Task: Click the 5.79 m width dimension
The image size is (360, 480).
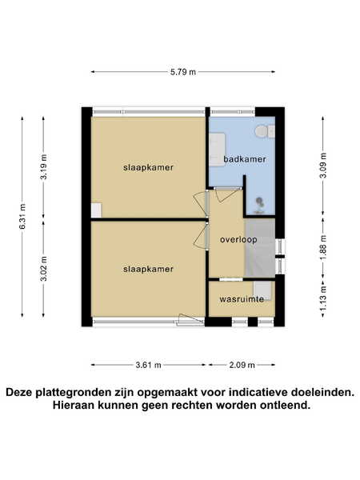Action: (183, 72)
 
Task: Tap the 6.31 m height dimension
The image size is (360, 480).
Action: (22, 216)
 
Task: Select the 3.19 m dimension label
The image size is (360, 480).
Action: (44, 167)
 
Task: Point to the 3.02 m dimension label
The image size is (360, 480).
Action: (44, 269)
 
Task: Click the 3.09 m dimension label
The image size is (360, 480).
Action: (323, 165)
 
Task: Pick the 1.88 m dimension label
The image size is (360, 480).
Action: (323, 246)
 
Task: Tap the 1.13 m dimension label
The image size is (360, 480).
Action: (323, 298)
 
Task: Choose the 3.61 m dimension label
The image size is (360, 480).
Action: (149, 365)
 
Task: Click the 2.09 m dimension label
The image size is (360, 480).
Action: (242, 365)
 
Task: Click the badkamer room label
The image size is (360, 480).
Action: (245, 159)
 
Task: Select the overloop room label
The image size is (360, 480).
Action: (238, 239)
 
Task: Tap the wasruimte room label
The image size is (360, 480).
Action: (242, 298)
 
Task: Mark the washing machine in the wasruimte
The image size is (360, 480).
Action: (262, 291)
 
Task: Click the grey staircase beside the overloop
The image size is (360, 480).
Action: (260, 248)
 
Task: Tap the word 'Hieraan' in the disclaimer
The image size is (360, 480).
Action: (74, 406)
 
